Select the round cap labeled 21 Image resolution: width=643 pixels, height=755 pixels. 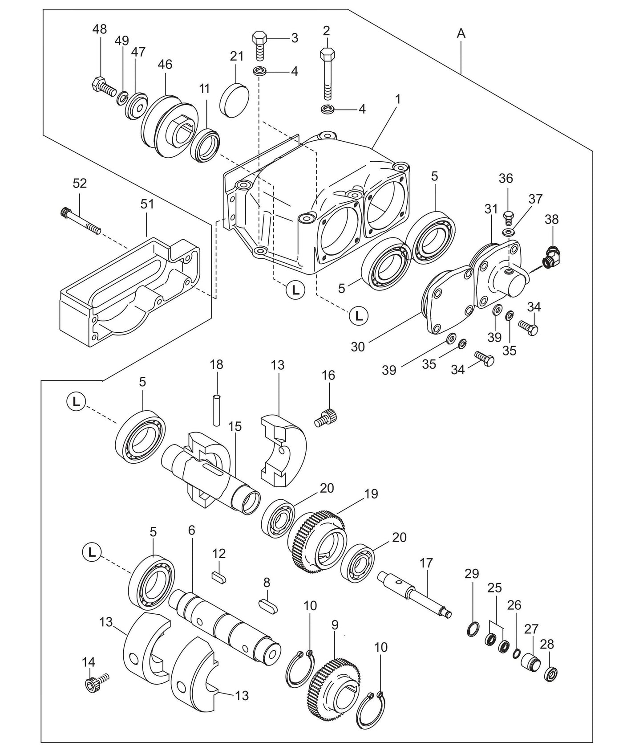(235, 99)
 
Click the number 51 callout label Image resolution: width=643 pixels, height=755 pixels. (147, 204)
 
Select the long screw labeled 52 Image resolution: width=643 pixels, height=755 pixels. (80, 220)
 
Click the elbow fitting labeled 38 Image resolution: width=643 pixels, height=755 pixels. (551, 256)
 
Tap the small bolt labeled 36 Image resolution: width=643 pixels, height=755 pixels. (508, 218)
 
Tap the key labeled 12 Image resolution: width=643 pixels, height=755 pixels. (219, 577)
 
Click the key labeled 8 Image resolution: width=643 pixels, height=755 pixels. (268, 605)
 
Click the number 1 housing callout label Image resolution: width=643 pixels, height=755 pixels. (398, 99)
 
